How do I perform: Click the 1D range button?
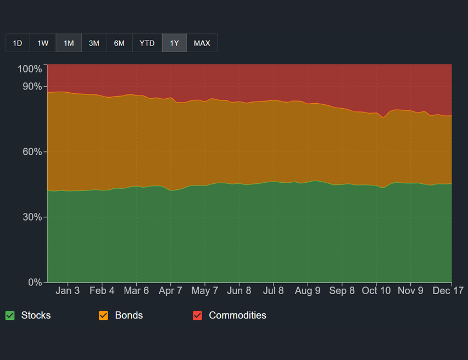coord(18,43)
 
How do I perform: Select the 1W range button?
coord(43,43)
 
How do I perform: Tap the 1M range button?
coord(69,43)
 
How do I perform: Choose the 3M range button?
coord(94,43)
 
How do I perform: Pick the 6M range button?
coord(119,43)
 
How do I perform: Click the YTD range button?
coord(147,43)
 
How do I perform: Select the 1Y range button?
coord(174,43)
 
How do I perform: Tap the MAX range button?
coord(202,43)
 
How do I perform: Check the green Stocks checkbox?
coord(10,316)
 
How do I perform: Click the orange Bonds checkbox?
coord(103,316)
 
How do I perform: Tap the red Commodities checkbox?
coord(197,316)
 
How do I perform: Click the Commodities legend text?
coord(237,316)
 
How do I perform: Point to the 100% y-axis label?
coord(30,69)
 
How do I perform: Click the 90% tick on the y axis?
coord(32,87)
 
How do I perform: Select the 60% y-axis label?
coord(32,152)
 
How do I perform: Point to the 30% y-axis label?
coord(32,217)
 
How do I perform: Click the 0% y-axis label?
coord(35,283)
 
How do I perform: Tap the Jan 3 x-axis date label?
coord(68,291)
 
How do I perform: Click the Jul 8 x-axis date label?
coord(274,291)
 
